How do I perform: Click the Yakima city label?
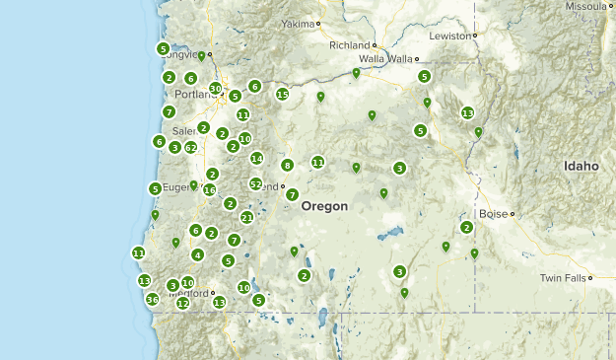pos(297,23)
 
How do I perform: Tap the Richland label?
pos(349,44)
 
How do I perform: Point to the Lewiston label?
pos(449,36)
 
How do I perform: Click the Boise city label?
pos(492,213)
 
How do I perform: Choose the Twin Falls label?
pos(562,279)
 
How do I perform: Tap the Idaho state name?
pos(581,167)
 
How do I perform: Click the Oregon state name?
pos(324,206)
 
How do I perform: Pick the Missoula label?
pos(586,6)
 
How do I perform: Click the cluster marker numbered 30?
pos(216,89)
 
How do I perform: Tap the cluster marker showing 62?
pos(191,148)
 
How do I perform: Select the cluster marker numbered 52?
pos(256,183)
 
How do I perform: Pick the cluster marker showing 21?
pos(247,217)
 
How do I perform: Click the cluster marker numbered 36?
pos(152,299)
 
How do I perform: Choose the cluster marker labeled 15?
pos(282,95)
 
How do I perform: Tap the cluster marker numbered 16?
pos(209,189)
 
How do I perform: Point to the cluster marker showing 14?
pos(256,158)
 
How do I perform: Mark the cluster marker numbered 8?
pos(287,165)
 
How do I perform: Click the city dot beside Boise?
pos(513,213)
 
